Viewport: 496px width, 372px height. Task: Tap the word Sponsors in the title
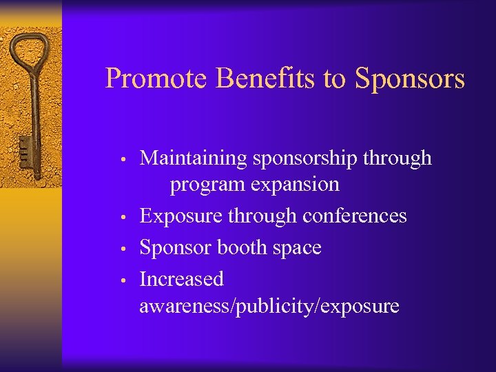coord(410,79)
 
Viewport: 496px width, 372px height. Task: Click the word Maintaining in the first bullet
coord(193,158)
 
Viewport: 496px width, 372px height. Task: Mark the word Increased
coord(182,279)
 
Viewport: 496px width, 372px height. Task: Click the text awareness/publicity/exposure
coord(269,306)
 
